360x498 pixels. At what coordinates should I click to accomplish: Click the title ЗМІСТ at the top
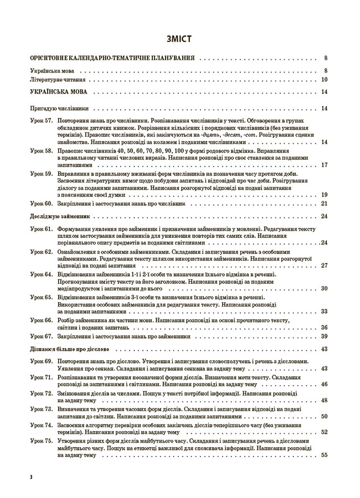tap(179, 39)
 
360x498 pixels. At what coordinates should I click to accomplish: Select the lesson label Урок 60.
tap(41, 204)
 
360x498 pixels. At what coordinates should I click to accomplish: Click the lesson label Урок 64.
tap(41, 274)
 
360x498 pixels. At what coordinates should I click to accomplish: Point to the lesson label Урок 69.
tap(41, 361)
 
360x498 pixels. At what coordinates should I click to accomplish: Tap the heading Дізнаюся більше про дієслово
tap(69, 349)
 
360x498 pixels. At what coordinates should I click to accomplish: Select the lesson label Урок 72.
tap(41, 392)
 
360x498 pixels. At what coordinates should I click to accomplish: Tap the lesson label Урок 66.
tap(41, 320)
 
